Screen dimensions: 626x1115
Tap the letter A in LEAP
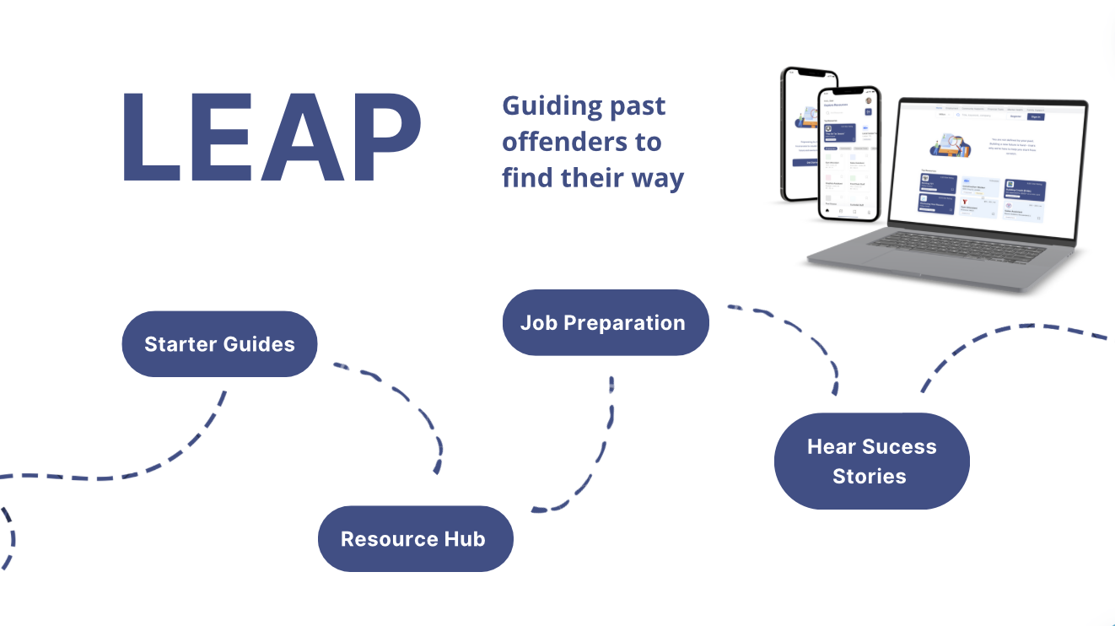coord(299,137)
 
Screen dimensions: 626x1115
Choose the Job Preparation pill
coord(605,323)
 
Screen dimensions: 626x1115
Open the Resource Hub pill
coord(414,539)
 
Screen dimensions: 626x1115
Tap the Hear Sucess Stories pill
coord(871,461)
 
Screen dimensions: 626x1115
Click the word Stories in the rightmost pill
coord(870,476)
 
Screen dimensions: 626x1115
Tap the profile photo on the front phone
coord(868,101)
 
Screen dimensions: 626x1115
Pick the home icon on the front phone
coord(827,212)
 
